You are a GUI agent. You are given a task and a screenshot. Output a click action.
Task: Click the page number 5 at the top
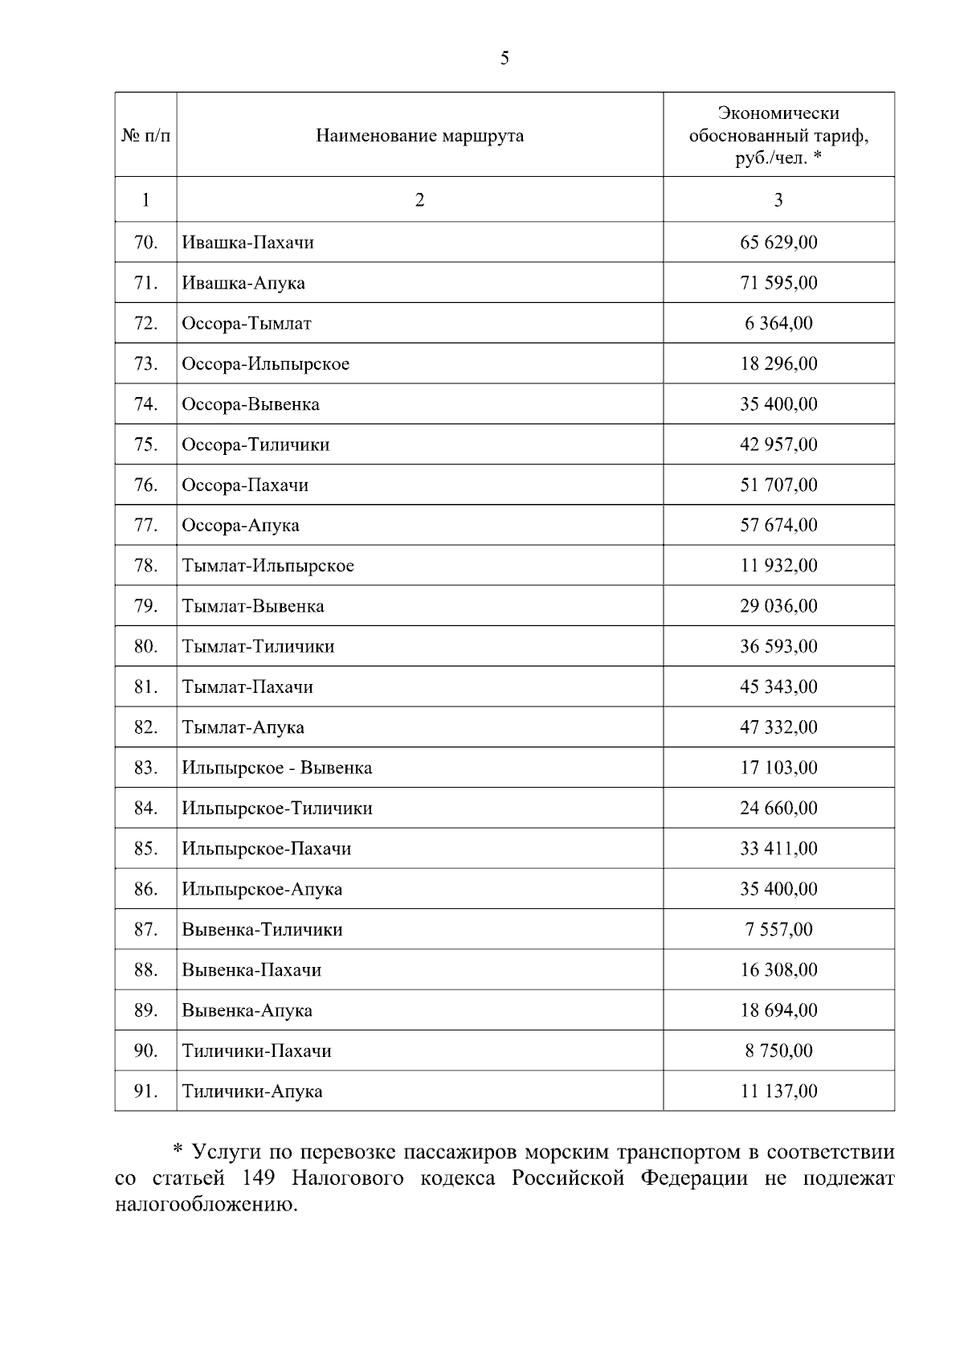pos(504,58)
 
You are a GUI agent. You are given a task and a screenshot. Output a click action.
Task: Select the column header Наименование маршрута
pos(419,135)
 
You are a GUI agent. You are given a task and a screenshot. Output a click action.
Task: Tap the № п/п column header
pos(145,135)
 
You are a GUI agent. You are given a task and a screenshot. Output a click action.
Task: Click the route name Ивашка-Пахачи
pos(247,242)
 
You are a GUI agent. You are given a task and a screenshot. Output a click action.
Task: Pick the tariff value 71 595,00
pos(778,283)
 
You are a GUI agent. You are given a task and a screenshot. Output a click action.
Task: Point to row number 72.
pos(145,323)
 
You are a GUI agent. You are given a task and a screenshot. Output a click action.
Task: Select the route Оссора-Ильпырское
pos(265,364)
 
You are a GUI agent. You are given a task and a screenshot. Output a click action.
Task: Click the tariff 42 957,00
pos(778,444)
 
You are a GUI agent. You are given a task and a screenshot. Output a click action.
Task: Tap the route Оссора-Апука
pos(240,526)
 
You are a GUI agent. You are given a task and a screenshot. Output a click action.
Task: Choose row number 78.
pos(145,566)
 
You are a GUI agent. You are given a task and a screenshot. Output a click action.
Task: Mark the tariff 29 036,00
pos(778,606)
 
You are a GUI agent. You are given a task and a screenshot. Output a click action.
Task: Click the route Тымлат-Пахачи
pos(247,687)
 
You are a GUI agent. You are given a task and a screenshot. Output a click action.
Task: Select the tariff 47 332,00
pos(778,727)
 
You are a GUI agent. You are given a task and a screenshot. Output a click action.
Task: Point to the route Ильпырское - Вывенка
pos(276,768)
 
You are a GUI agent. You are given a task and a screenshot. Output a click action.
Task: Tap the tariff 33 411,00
pos(778,849)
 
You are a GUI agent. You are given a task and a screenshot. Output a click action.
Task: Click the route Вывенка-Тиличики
pos(262,930)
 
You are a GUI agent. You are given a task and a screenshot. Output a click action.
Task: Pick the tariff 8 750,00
pos(778,1051)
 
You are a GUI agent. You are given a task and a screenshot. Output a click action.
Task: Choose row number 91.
pos(145,1092)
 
